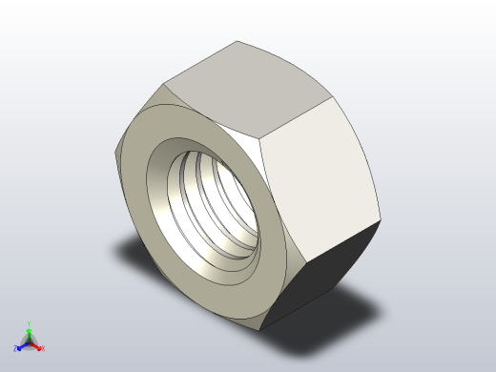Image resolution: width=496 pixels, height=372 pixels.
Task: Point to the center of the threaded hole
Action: coord(215,205)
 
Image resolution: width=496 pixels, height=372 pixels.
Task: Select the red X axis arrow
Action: coord(37,345)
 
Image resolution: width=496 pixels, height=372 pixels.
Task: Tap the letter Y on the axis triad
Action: coord(30,323)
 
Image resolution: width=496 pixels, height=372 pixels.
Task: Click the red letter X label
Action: coord(43,349)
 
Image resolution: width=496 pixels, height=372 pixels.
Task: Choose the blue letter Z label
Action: coord(16,349)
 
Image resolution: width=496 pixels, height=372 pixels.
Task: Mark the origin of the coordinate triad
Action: coord(30,341)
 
